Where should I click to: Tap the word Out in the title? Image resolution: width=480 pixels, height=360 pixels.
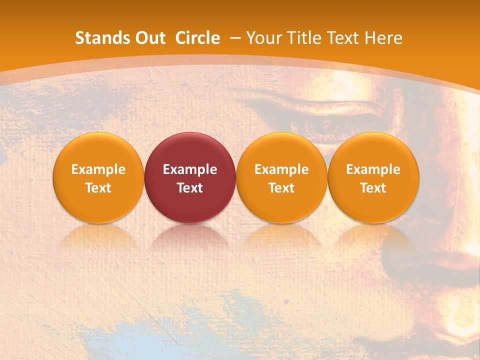tap(149, 38)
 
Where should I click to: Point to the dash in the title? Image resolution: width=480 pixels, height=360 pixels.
tap(233, 38)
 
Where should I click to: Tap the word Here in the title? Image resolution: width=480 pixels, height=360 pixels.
tap(385, 38)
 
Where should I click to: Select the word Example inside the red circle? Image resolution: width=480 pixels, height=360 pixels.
tap(190, 169)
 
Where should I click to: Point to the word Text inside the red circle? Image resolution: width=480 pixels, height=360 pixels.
tap(190, 188)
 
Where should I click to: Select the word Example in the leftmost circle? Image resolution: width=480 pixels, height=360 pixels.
tap(98, 169)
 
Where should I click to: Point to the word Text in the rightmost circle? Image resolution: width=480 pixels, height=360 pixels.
tap(373, 188)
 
